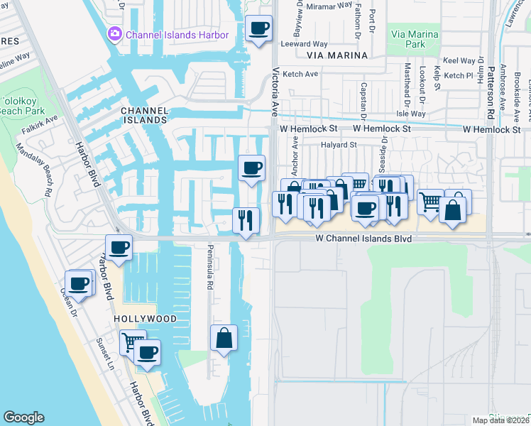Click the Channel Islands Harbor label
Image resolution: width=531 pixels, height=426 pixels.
[x=177, y=34]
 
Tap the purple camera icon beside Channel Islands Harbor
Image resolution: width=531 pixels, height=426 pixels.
[x=114, y=34]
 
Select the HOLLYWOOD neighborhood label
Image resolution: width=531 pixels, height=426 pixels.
[x=145, y=319]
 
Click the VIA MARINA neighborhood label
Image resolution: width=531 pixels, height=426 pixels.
[x=337, y=55]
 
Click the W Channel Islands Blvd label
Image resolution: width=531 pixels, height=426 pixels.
[x=364, y=239]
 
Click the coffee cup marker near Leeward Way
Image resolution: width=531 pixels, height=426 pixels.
[x=258, y=29]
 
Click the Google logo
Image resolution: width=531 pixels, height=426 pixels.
[x=23, y=417]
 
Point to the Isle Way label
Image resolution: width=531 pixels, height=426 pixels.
[x=411, y=114]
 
